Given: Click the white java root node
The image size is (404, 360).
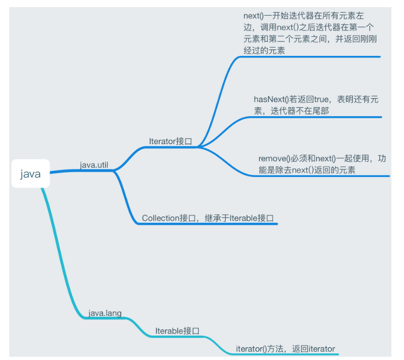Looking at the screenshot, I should coord(31,174).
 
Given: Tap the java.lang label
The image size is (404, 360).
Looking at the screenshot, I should coord(105,313).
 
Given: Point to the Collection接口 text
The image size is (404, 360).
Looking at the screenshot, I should coord(164,218).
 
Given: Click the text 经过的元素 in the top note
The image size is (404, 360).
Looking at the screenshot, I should coord(264,50).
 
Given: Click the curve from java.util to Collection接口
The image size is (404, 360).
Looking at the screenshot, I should coord(126,197).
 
